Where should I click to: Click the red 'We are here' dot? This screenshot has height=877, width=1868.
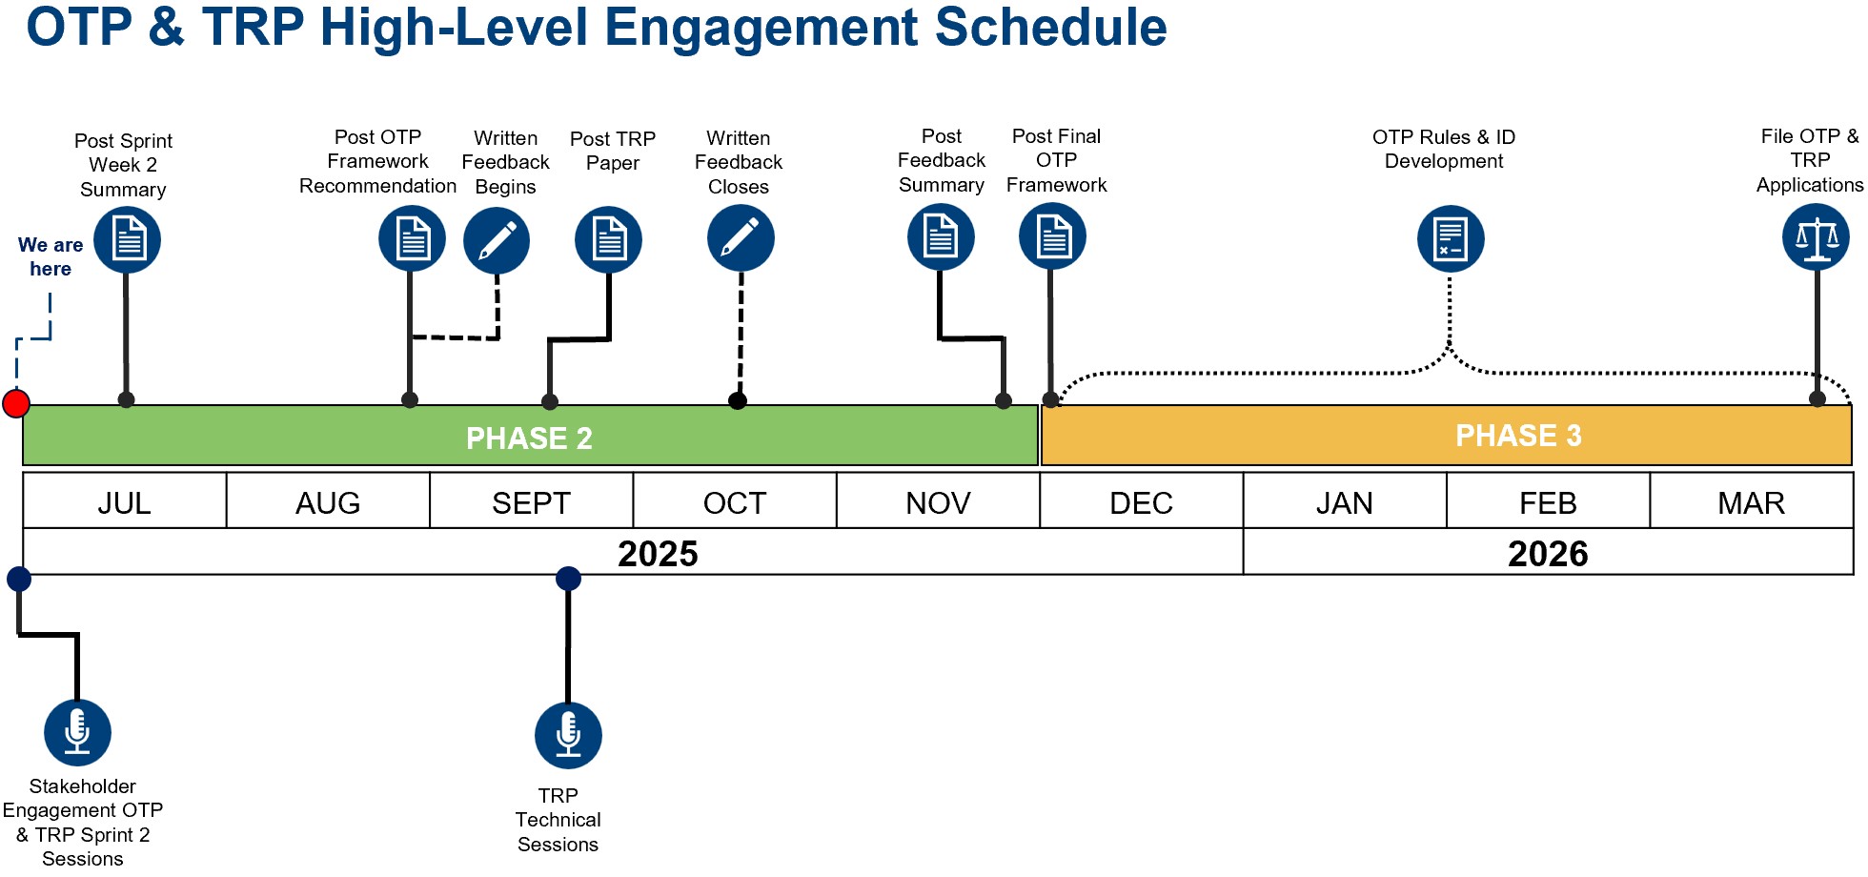[x=15, y=403]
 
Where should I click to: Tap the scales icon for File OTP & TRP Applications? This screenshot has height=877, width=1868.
[x=1816, y=237]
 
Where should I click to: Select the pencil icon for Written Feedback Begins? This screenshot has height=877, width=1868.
[x=497, y=240]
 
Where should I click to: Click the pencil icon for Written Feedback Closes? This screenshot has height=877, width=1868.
[x=741, y=238]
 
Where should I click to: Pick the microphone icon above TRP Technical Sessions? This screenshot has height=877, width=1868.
[x=568, y=735]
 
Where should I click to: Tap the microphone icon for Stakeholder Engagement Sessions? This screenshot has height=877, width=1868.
[x=77, y=732]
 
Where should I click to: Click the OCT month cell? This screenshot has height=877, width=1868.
[x=734, y=502]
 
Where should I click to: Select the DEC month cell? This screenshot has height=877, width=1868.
[x=1141, y=502]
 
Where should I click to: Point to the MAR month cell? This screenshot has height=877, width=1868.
[x=1751, y=502]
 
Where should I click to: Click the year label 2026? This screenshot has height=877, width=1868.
[x=1547, y=554]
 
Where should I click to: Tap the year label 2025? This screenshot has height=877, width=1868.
[x=658, y=554]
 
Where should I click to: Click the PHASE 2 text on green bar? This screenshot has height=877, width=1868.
[x=529, y=438]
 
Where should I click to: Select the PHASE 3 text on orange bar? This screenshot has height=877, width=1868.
[x=1517, y=436]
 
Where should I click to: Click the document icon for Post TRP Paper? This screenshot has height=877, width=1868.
[x=608, y=239]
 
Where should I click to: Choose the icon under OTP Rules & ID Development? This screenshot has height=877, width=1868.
[x=1450, y=238]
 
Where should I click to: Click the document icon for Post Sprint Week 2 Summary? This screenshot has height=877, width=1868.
[x=127, y=239]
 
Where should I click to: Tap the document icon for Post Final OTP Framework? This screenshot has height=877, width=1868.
[x=1052, y=237]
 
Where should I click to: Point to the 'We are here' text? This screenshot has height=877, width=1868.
[x=51, y=256]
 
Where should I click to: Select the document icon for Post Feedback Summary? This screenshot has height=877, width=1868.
[x=941, y=236]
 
